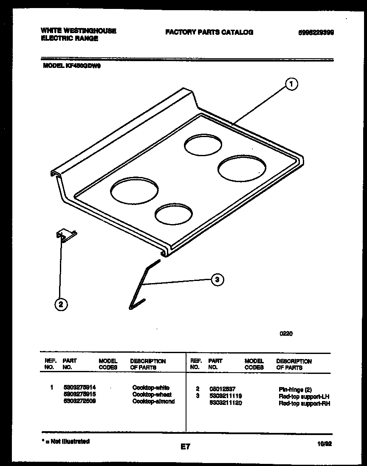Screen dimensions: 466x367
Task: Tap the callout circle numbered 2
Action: click(61, 304)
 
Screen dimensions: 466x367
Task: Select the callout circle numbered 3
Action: click(217, 279)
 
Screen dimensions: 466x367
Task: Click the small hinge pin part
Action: click(65, 236)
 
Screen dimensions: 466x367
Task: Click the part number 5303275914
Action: click(79, 387)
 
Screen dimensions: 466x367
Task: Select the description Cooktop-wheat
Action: click(152, 394)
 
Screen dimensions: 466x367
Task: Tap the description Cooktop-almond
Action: click(153, 401)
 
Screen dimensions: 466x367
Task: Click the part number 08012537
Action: click(222, 388)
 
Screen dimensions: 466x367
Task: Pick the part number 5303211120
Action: click(225, 403)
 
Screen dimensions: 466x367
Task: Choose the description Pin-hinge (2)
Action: click(295, 389)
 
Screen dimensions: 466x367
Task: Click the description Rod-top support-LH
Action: click(304, 396)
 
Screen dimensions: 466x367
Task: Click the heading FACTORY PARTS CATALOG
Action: click(209, 32)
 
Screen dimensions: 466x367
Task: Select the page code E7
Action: click(184, 446)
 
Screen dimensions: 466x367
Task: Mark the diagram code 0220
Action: click(286, 334)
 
